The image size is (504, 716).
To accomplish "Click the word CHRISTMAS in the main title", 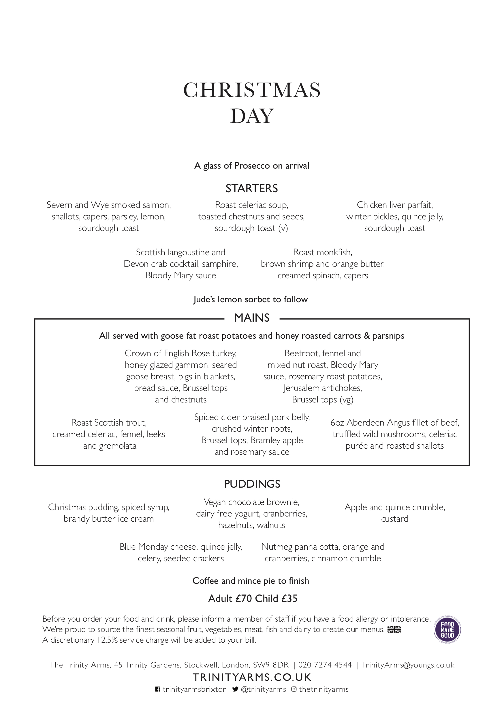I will pos(252,90).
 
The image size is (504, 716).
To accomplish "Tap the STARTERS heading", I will pos(252,188).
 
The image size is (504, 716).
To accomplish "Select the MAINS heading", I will pos(252,318).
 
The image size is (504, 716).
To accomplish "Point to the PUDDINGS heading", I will pos(252,484).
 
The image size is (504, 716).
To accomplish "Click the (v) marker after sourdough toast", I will pos(283,228).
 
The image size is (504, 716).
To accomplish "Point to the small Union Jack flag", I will pos(394,630).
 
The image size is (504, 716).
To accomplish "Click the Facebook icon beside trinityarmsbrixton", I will pos(158,689).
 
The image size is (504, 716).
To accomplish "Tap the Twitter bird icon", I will pos(235,689).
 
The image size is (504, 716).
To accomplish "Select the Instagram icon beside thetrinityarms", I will pos(294,689).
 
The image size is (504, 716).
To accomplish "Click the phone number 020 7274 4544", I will pos(325,665).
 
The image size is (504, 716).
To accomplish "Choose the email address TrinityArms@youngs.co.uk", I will pos(408,665).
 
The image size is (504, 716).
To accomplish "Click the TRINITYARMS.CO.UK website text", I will pos(252,677).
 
